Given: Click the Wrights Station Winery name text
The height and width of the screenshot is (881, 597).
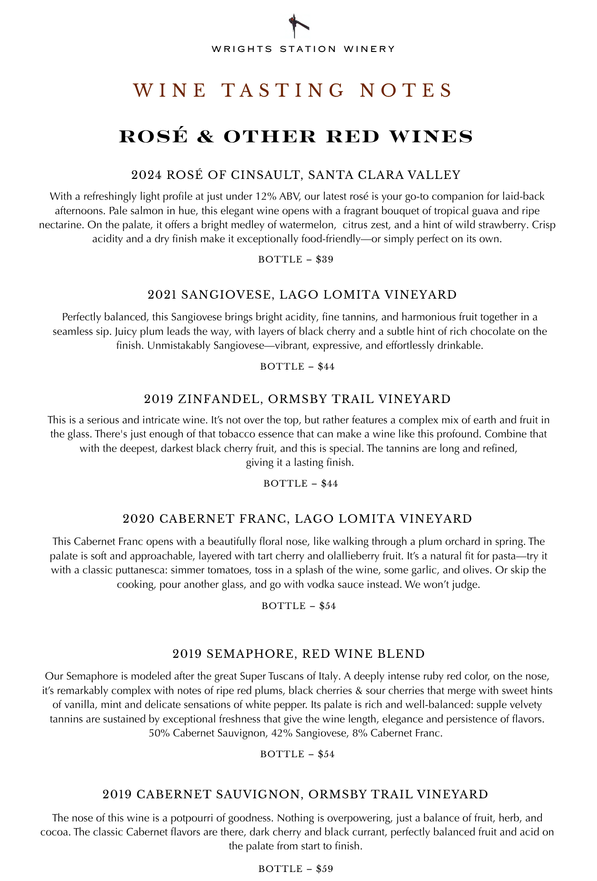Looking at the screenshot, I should (303, 49).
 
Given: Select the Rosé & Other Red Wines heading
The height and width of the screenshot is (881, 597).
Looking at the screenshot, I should (296, 136).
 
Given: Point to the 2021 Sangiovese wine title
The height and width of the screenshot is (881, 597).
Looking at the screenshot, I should (302, 295).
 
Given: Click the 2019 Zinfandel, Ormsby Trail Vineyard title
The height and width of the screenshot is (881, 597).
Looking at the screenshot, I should (297, 399).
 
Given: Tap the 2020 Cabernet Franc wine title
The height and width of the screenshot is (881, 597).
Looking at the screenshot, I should (297, 518).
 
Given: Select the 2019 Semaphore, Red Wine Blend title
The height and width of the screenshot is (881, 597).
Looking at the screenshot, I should (298, 654).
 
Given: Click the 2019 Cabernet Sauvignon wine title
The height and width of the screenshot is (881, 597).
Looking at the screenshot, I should (295, 794).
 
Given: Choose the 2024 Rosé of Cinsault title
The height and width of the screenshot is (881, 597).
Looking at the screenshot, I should (296, 175).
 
